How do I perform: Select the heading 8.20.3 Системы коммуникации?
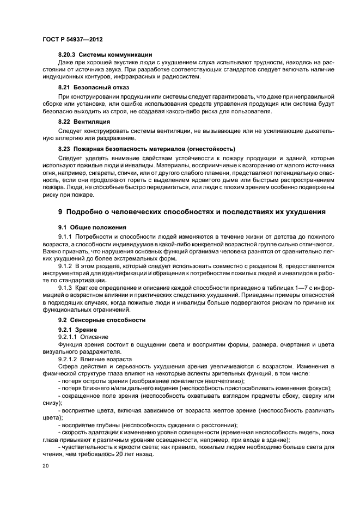[x=104, y=55]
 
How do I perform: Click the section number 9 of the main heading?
[x=60, y=211]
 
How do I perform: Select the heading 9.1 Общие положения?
[x=92, y=227]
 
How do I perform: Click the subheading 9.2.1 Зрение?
[x=77, y=330]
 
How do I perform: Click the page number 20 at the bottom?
[x=45, y=466]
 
